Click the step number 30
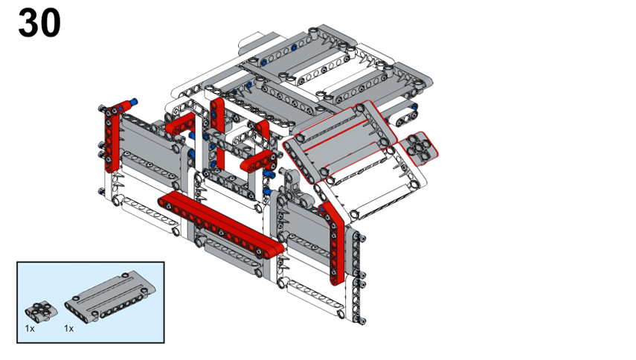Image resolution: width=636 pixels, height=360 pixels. [x=39, y=24]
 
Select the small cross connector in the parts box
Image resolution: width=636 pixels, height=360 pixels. [x=41, y=311]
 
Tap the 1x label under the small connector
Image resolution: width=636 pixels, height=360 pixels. [x=30, y=328]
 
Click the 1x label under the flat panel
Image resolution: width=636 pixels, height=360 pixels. [x=69, y=328]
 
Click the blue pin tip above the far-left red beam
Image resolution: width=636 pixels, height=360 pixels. [x=134, y=102]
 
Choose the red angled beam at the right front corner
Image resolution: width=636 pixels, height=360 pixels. [x=335, y=243]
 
